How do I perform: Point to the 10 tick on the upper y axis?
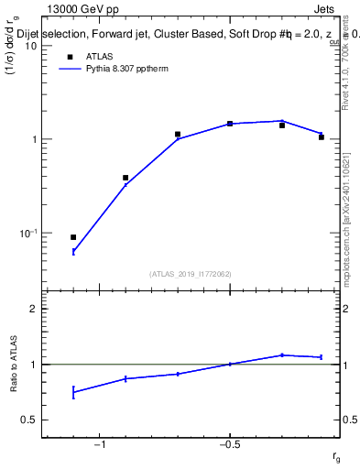[x=29, y=46]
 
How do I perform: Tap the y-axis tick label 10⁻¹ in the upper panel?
[x=27, y=234]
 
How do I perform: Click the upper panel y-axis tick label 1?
[x=33, y=140]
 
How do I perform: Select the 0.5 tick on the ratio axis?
[x=28, y=420]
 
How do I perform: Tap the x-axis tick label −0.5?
[x=228, y=445]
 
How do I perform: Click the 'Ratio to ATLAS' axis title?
[x=15, y=364]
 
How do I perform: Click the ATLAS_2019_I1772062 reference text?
[x=191, y=273]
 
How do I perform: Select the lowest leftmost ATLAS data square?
[x=73, y=237]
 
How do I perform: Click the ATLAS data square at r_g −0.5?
[x=230, y=124]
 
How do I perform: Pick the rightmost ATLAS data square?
[x=322, y=137]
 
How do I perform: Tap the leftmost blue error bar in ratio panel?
[x=73, y=392]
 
